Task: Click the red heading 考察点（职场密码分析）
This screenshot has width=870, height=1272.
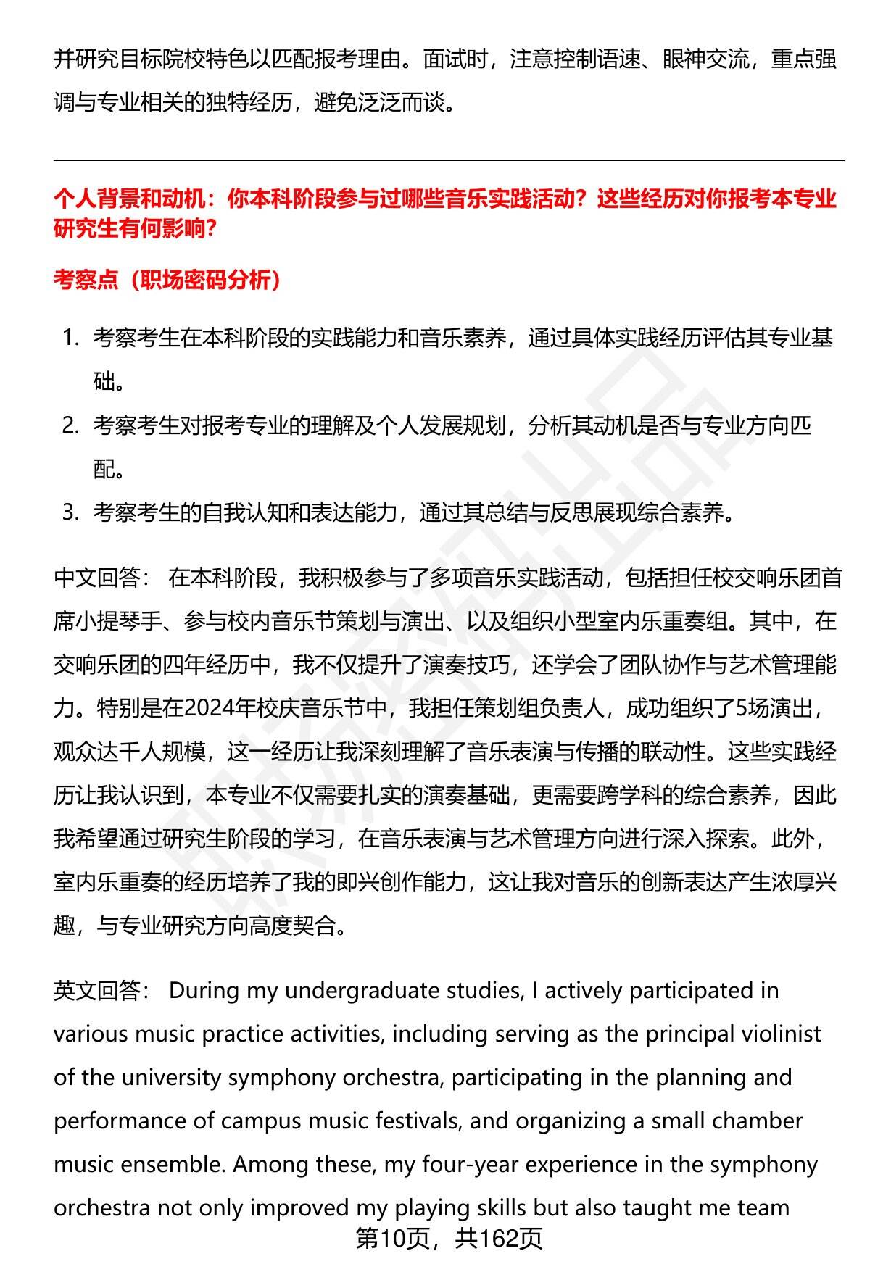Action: [x=167, y=280]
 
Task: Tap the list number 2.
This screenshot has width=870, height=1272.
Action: [x=70, y=425]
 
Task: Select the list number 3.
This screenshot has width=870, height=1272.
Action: [x=70, y=512]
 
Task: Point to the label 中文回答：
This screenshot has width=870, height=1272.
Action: [x=102, y=578]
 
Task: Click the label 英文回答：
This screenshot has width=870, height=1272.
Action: [x=102, y=990]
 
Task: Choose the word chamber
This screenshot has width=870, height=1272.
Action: [x=761, y=1121]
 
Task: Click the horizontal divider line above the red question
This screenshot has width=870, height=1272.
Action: [x=449, y=161]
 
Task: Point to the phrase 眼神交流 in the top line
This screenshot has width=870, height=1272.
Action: [x=706, y=59]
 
